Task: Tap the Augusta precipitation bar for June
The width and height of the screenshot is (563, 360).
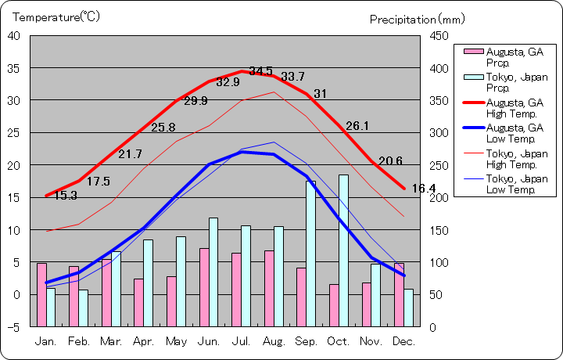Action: tap(204, 287)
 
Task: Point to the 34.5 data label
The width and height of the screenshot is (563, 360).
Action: tap(261, 71)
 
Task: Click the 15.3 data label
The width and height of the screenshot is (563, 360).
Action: tap(65, 196)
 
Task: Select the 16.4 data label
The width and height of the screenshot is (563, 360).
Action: tap(423, 189)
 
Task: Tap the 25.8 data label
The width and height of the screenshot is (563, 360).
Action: tap(163, 128)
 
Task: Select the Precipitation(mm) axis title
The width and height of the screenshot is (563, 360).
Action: tap(417, 19)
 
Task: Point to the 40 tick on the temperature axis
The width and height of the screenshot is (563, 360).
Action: tap(15, 35)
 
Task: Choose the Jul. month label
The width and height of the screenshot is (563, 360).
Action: tap(242, 342)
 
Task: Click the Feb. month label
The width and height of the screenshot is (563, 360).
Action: tap(79, 342)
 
